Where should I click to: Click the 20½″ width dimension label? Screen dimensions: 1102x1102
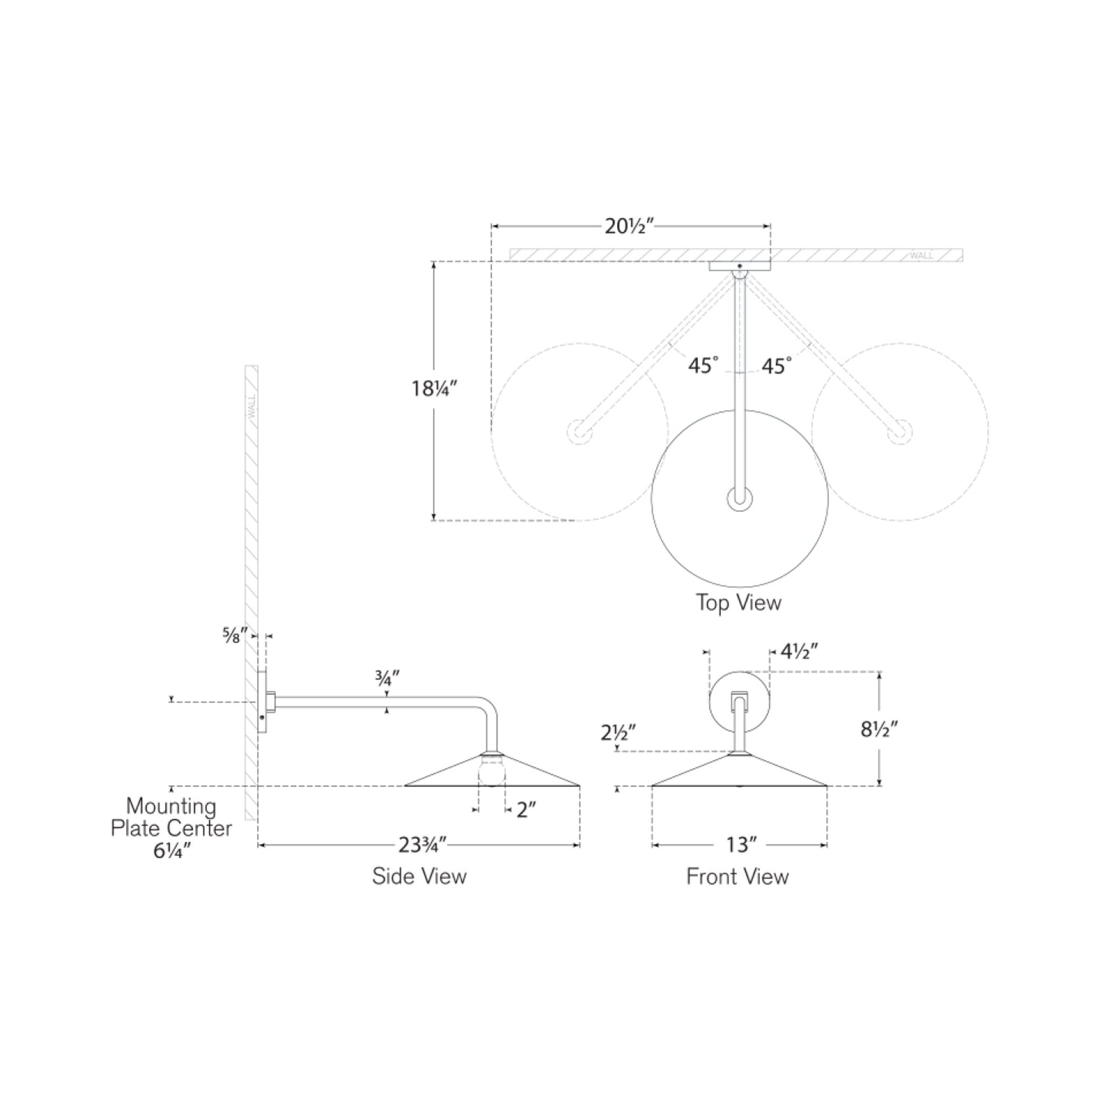coord(629,227)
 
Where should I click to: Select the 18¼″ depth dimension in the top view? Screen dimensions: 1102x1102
coord(435,389)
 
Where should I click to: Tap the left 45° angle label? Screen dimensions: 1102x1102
coord(703,366)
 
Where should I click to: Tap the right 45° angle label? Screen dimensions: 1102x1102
coord(776,366)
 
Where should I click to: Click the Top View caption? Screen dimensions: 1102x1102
coord(738,603)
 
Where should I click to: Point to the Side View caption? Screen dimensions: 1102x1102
coord(419,876)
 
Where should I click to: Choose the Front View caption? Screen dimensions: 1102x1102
coord(737,877)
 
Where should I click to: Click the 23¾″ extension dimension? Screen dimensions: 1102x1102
coord(421,845)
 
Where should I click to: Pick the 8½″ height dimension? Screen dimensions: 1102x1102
coord(879,729)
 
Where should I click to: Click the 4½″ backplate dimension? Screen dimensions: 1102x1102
coord(799,651)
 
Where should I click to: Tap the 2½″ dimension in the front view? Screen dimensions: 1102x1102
coord(618,732)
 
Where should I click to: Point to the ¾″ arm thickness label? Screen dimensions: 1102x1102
coord(387,678)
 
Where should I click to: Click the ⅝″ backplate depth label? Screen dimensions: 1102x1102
coord(234,635)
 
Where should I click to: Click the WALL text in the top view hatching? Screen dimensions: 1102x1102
coord(921,255)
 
